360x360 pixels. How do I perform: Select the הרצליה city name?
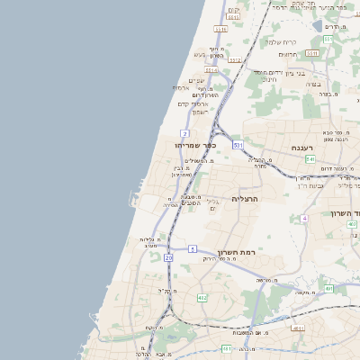tap(245, 198)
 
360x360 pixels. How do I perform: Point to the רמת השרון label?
tap(238, 253)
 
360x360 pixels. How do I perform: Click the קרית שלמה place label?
tap(281, 42)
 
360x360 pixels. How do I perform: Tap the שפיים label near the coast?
tap(195, 80)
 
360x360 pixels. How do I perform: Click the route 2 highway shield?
tap(184, 133)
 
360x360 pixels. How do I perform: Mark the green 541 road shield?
tap(310, 159)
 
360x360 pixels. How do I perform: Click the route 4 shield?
tap(305, 219)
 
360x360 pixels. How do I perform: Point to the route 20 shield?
tap(168, 258)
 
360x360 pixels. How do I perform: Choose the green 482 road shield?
tap(202, 297)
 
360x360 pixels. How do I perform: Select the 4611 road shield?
tap(297, 328)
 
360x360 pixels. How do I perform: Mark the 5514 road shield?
tap(234, 16)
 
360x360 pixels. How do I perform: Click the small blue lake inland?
tap(316, 24)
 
